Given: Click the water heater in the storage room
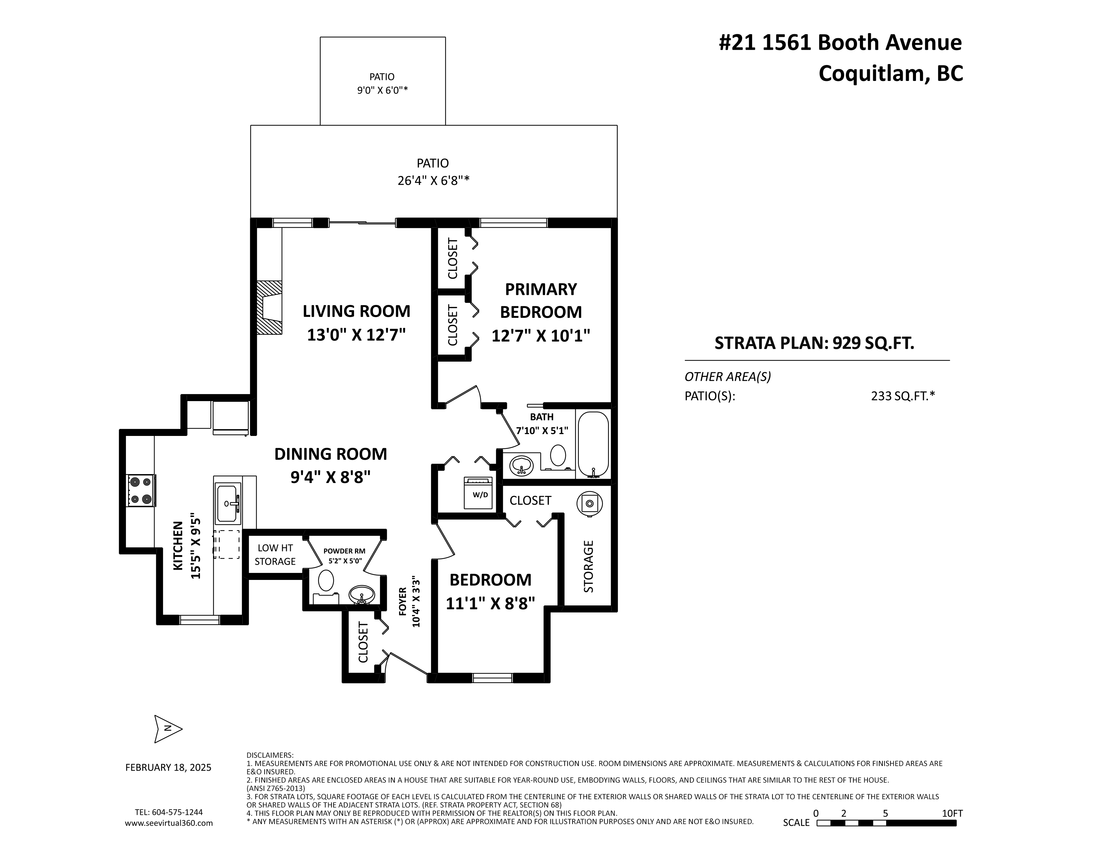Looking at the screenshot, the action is tap(589, 503).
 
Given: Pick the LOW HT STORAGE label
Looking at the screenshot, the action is tap(275, 555).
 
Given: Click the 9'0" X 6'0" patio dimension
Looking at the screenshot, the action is tap(382, 91).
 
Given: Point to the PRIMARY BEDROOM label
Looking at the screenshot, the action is tap(541, 301).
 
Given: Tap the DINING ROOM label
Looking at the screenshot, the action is tap(331, 454).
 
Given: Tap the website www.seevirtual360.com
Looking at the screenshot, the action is tap(169, 823).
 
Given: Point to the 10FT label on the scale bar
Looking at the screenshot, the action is tap(952, 813).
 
